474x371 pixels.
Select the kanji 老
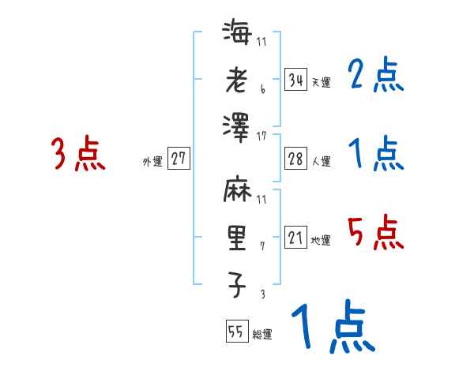pyautogui.click(x=237, y=80)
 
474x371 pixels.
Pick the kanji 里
pyautogui.click(x=237, y=238)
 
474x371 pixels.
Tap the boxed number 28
pyautogui.click(x=295, y=159)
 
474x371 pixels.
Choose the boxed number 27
pyautogui.click(x=179, y=159)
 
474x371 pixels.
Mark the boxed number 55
pyautogui.click(x=236, y=332)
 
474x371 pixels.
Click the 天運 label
pyautogui.click(x=321, y=82)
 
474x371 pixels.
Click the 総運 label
pyautogui.click(x=262, y=335)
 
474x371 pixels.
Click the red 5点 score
pyautogui.click(x=375, y=233)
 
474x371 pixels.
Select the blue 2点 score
pyautogui.click(x=375, y=76)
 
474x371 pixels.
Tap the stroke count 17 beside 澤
pyautogui.click(x=261, y=137)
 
